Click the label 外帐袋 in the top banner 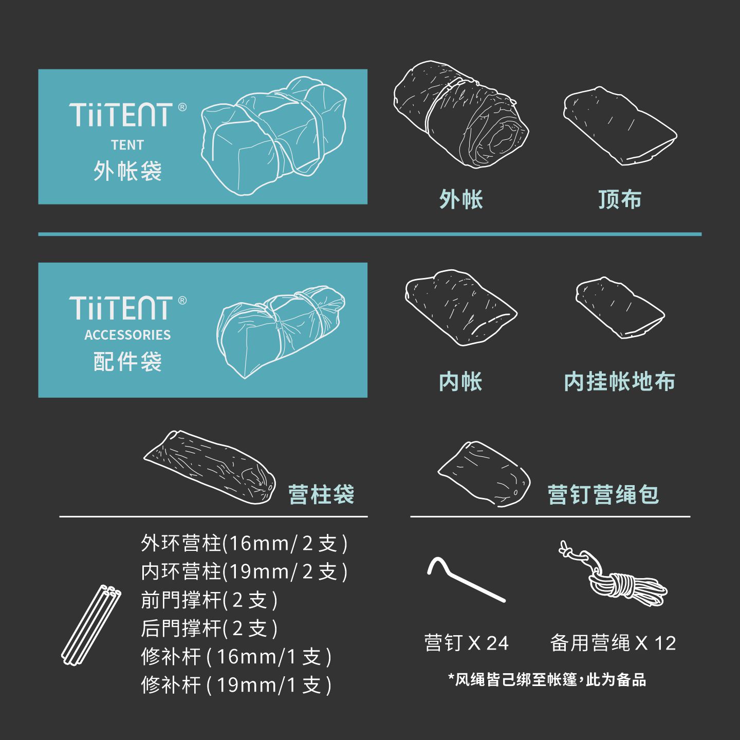(x=127, y=171)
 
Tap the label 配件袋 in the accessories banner (x=127, y=361)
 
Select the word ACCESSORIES (x=127, y=335)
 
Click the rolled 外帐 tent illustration (x=461, y=114)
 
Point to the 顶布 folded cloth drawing (x=620, y=126)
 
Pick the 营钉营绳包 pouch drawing (x=484, y=474)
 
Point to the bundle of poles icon (x=91, y=625)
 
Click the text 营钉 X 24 (x=466, y=643)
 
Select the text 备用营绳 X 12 (x=613, y=643)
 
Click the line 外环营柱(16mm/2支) (x=244, y=543)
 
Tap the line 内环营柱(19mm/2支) (x=244, y=572)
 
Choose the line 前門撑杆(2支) (x=209, y=600)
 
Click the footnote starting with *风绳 (x=547, y=680)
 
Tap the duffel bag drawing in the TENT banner (x=274, y=136)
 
